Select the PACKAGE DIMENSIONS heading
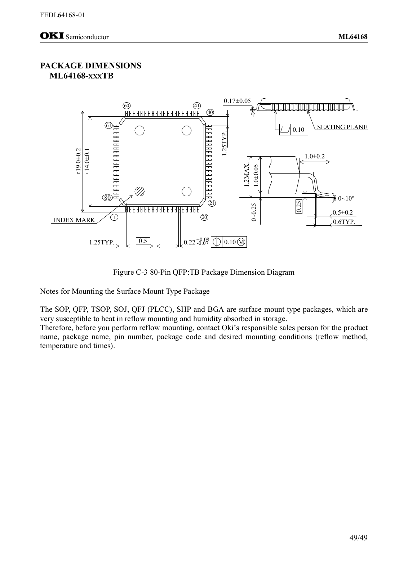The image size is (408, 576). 90,66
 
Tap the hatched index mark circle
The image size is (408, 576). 140,191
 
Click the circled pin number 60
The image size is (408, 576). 127,105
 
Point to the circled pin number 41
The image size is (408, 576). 197,105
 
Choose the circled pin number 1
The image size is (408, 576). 114,217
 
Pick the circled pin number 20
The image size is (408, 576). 205,217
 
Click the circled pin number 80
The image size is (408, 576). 107,198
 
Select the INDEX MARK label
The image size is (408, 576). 74,220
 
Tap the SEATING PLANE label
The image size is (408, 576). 342,127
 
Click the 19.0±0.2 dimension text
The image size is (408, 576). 78,161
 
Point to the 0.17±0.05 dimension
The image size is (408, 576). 237,101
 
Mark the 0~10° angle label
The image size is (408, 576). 346,198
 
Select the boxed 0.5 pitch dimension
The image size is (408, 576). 143,241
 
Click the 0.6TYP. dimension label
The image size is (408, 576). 344,222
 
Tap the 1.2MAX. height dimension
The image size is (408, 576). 247,174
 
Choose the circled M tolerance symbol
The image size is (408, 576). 241,242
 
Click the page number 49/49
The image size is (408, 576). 358,538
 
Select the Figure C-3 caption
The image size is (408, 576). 204,272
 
